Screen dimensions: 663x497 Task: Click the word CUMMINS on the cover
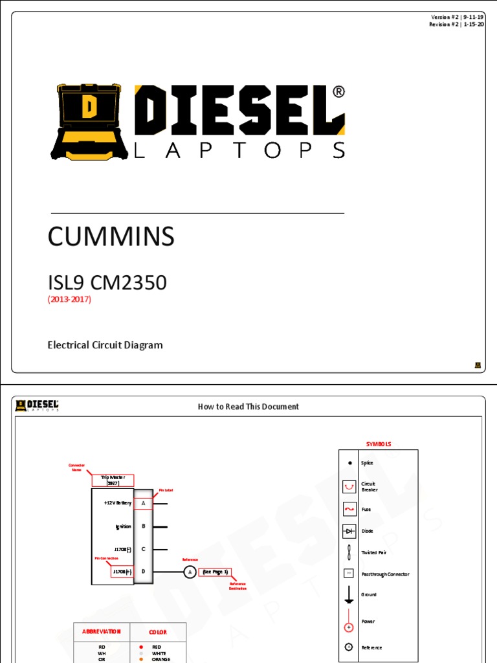click(x=111, y=237)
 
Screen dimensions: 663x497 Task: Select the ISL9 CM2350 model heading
click(x=107, y=282)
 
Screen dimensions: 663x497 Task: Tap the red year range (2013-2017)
click(x=69, y=299)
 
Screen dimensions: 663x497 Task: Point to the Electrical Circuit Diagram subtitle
click(x=105, y=345)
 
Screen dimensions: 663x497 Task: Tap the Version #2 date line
click(x=457, y=16)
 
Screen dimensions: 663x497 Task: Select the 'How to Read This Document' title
click(x=248, y=407)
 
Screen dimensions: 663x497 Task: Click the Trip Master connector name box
click(x=113, y=480)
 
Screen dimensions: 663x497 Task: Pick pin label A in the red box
click(x=143, y=503)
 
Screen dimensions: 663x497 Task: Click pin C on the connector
click(x=143, y=549)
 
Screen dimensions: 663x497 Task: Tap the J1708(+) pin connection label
click(x=122, y=572)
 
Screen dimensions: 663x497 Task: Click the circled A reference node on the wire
click(x=189, y=572)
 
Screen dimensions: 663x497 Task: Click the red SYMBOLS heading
click(x=379, y=444)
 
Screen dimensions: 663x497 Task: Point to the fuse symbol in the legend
click(x=349, y=510)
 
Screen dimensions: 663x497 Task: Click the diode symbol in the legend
click(x=349, y=531)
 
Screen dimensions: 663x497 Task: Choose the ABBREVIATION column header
click(x=102, y=632)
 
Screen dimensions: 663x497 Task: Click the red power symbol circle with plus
click(x=349, y=627)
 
